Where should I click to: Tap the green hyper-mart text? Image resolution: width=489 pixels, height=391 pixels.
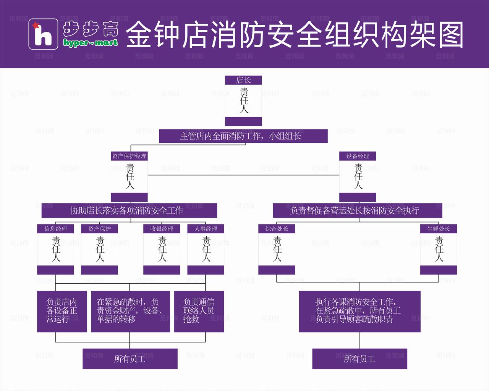(91, 43)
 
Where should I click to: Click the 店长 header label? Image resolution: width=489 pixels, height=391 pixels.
(243, 80)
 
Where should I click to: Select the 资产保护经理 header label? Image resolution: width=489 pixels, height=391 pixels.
(129, 156)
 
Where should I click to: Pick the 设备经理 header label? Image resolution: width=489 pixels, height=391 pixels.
(358, 156)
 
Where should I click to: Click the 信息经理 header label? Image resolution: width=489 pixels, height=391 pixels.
(55, 229)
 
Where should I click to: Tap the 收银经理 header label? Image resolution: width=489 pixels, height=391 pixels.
(162, 229)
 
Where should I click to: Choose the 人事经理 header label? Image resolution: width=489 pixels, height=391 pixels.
(206, 229)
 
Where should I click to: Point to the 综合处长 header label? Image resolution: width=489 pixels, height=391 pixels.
(277, 229)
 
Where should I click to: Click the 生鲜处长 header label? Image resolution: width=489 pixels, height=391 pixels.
(438, 229)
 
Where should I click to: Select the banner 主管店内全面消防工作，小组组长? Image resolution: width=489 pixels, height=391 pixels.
(243, 136)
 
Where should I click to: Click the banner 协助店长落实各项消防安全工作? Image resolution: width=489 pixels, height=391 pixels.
(129, 210)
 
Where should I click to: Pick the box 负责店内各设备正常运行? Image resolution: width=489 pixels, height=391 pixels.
(62, 311)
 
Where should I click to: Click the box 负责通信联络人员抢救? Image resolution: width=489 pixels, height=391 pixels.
(199, 311)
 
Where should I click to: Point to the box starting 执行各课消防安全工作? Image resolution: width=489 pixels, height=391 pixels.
(359, 311)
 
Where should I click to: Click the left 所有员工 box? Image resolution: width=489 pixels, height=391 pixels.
(130, 359)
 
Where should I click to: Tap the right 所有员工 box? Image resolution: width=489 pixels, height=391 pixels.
(359, 359)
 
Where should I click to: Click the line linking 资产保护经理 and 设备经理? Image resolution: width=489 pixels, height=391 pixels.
(243, 175)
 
